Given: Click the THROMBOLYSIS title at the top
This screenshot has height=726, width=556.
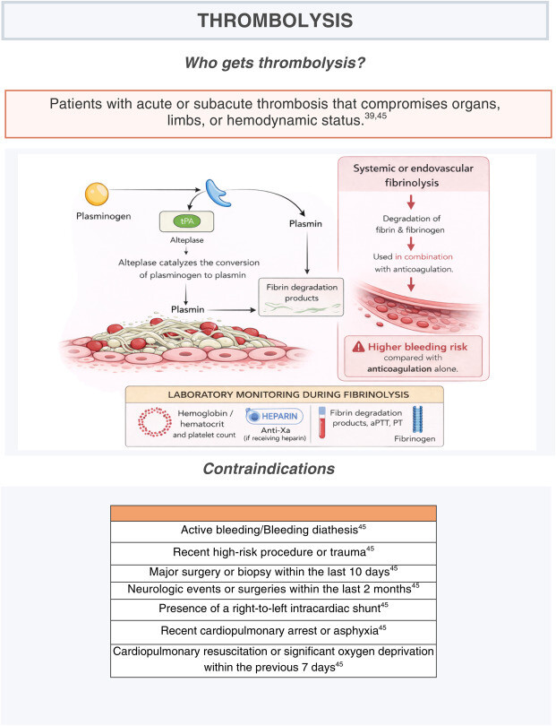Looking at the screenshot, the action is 275,21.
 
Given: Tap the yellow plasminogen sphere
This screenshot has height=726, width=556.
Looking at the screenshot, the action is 97,194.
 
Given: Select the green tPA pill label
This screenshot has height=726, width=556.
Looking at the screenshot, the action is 187,221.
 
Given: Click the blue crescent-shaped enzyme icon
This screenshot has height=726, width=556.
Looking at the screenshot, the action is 218,193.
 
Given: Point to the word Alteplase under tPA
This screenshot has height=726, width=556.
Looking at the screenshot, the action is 187,240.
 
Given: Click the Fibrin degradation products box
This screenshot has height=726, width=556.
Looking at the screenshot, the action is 301,297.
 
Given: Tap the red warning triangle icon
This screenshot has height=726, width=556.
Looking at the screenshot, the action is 358,346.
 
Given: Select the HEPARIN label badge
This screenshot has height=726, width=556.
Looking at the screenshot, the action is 275,416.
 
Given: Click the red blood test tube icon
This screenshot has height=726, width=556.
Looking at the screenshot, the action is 322,422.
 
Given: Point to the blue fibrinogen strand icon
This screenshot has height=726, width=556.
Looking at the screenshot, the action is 417,419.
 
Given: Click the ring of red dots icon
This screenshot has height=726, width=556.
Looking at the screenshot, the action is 155,421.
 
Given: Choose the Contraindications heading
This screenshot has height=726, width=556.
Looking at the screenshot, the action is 269,469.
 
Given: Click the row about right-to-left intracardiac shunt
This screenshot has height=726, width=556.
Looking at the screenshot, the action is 273,609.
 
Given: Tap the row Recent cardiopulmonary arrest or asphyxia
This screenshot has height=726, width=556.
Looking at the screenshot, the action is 273,632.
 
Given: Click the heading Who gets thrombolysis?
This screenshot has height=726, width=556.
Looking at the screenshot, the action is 275,63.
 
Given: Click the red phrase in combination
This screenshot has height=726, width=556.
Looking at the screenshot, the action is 423,256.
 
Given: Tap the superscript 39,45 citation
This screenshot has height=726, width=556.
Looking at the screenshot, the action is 375,116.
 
